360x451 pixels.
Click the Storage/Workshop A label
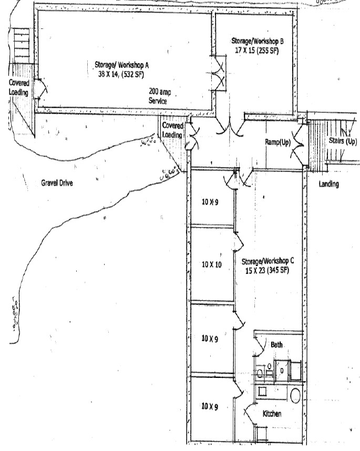(x=122, y=65)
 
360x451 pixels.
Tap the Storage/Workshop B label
(x=258, y=40)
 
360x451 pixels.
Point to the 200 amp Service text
(x=158, y=96)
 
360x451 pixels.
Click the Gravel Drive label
(x=57, y=183)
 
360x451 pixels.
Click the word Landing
(x=329, y=184)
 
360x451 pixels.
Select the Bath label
(x=276, y=345)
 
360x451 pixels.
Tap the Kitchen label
(x=272, y=414)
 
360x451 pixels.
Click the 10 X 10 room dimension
(x=212, y=264)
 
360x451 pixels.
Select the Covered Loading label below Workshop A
(x=172, y=130)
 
